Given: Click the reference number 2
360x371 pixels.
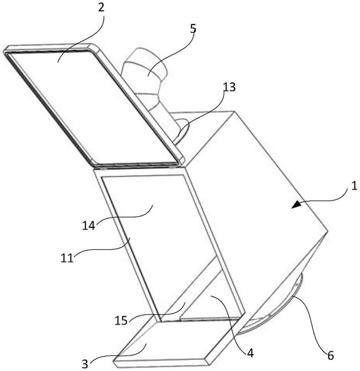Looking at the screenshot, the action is [x=101, y=8].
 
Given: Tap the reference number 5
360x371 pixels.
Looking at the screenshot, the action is [x=193, y=28].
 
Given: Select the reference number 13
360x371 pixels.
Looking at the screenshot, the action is [x=229, y=87].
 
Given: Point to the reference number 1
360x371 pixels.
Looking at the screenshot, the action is [x=354, y=186].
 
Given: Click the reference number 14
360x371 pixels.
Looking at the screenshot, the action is [x=89, y=225].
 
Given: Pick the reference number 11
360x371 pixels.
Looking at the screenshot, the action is [x=67, y=258].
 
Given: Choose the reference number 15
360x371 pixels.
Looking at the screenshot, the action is [x=121, y=320].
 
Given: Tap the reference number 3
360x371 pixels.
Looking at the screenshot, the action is [x=85, y=364].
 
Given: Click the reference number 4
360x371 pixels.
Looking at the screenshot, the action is [x=250, y=353].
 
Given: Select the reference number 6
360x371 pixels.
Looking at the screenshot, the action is [x=330, y=355].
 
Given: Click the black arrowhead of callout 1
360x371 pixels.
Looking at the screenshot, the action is [x=296, y=205].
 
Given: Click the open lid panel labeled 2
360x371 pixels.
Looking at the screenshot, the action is [x=94, y=104].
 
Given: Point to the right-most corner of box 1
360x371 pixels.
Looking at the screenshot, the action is [x=328, y=230].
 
